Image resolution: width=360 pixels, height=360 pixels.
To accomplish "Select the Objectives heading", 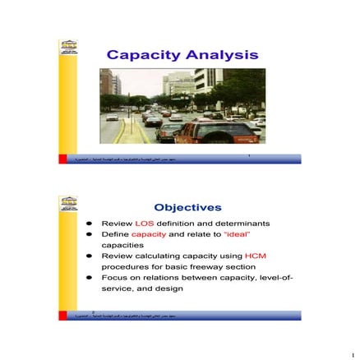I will click(x=187, y=207).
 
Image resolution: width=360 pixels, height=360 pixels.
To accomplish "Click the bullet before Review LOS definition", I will click(x=90, y=224).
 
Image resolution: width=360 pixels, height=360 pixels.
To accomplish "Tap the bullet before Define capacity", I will click(x=90, y=234).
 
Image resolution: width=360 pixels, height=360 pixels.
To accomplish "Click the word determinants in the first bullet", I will click(x=245, y=224).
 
